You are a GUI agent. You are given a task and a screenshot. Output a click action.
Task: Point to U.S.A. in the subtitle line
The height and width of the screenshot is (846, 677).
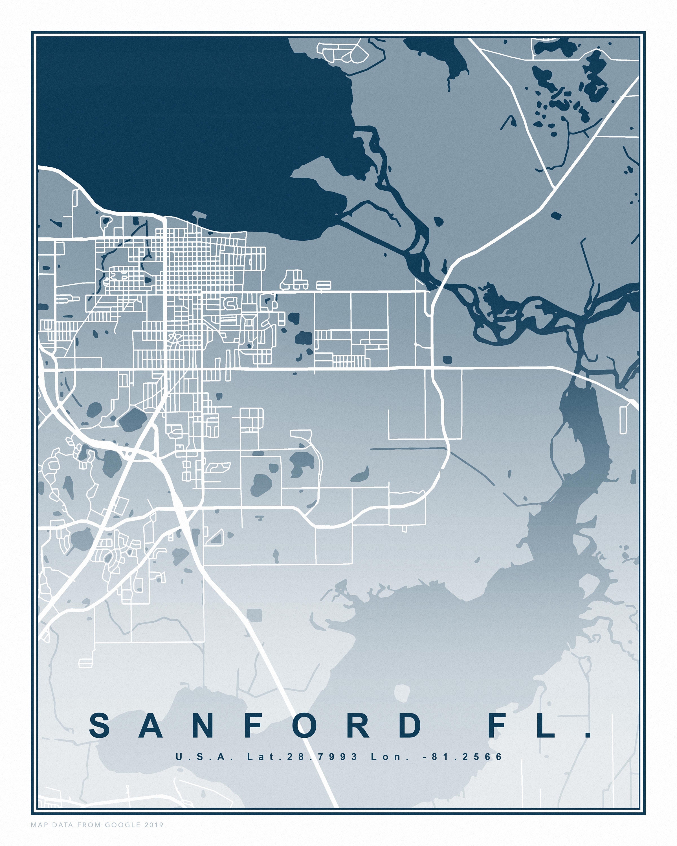click(204, 757)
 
